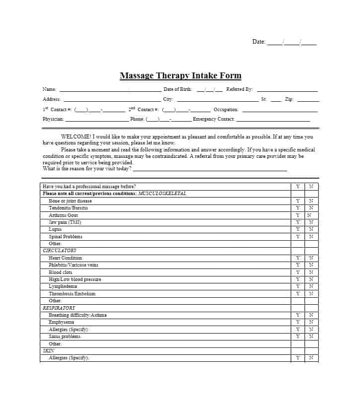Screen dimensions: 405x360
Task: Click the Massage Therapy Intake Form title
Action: point(180,76)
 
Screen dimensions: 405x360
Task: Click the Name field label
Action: point(49,89)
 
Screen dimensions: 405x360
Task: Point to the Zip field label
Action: point(289,99)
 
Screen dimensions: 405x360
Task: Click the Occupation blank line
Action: point(280,110)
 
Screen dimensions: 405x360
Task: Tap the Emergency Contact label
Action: point(214,119)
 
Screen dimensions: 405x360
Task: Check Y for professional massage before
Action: point(298,187)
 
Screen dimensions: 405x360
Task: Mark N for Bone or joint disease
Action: point(311,201)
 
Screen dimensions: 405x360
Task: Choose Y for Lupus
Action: point(298,229)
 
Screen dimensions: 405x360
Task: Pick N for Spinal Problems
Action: point(311,237)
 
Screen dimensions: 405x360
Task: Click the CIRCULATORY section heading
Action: point(60,251)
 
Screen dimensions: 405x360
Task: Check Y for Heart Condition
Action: point(298,258)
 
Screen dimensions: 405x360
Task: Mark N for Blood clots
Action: point(311,272)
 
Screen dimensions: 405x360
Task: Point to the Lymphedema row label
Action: point(63,286)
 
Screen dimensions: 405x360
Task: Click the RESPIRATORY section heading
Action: point(59,308)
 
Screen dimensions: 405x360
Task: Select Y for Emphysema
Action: point(298,322)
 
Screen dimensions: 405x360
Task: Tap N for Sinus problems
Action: point(311,337)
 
